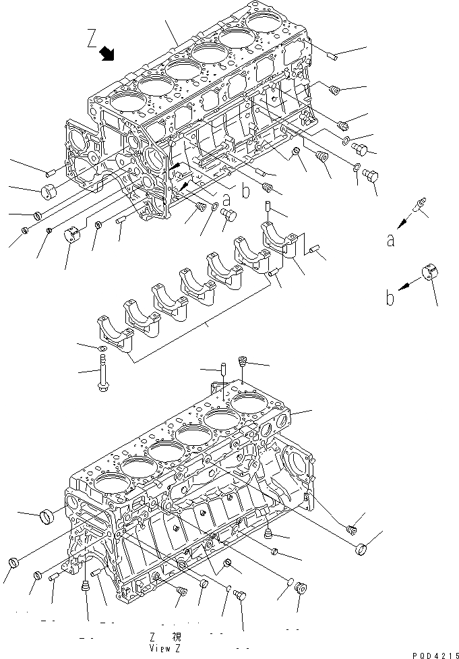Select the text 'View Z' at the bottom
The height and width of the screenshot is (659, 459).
(168, 648)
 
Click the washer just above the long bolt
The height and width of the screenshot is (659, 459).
(102, 348)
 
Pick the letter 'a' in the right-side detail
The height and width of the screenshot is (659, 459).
(390, 241)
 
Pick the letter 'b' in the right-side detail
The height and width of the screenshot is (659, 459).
(390, 297)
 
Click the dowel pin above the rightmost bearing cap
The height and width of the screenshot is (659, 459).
(267, 208)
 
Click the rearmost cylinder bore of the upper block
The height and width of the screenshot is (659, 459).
(266, 23)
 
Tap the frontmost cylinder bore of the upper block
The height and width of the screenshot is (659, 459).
(125, 103)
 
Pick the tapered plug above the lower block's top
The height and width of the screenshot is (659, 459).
(243, 364)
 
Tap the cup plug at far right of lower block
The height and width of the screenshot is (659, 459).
(361, 550)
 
